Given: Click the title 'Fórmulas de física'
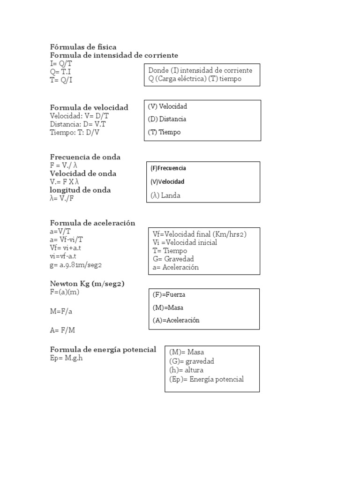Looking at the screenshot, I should (x=83, y=47).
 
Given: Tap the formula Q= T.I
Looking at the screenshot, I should (x=62, y=72).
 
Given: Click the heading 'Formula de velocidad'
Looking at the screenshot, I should (x=89, y=108).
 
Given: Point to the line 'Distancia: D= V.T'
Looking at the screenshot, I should (x=78, y=124).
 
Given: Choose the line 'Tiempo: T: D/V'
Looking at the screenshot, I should (x=75, y=133).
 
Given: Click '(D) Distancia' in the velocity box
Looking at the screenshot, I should (x=167, y=119).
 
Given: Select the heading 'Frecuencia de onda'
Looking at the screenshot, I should (x=85, y=157).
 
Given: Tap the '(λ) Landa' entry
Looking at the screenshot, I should (x=165, y=195).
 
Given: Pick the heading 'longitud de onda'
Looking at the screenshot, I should (x=81, y=190).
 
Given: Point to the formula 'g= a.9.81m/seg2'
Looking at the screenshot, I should (x=76, y=265).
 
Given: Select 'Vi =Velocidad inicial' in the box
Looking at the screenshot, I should (x=185, y=242).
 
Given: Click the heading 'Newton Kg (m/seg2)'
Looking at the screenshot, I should (x=87, y=284).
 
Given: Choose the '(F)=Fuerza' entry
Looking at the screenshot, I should (x=169, y=295).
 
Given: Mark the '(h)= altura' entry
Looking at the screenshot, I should (x=187, y=370).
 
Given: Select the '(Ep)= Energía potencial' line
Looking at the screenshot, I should (x=207, y=379).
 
